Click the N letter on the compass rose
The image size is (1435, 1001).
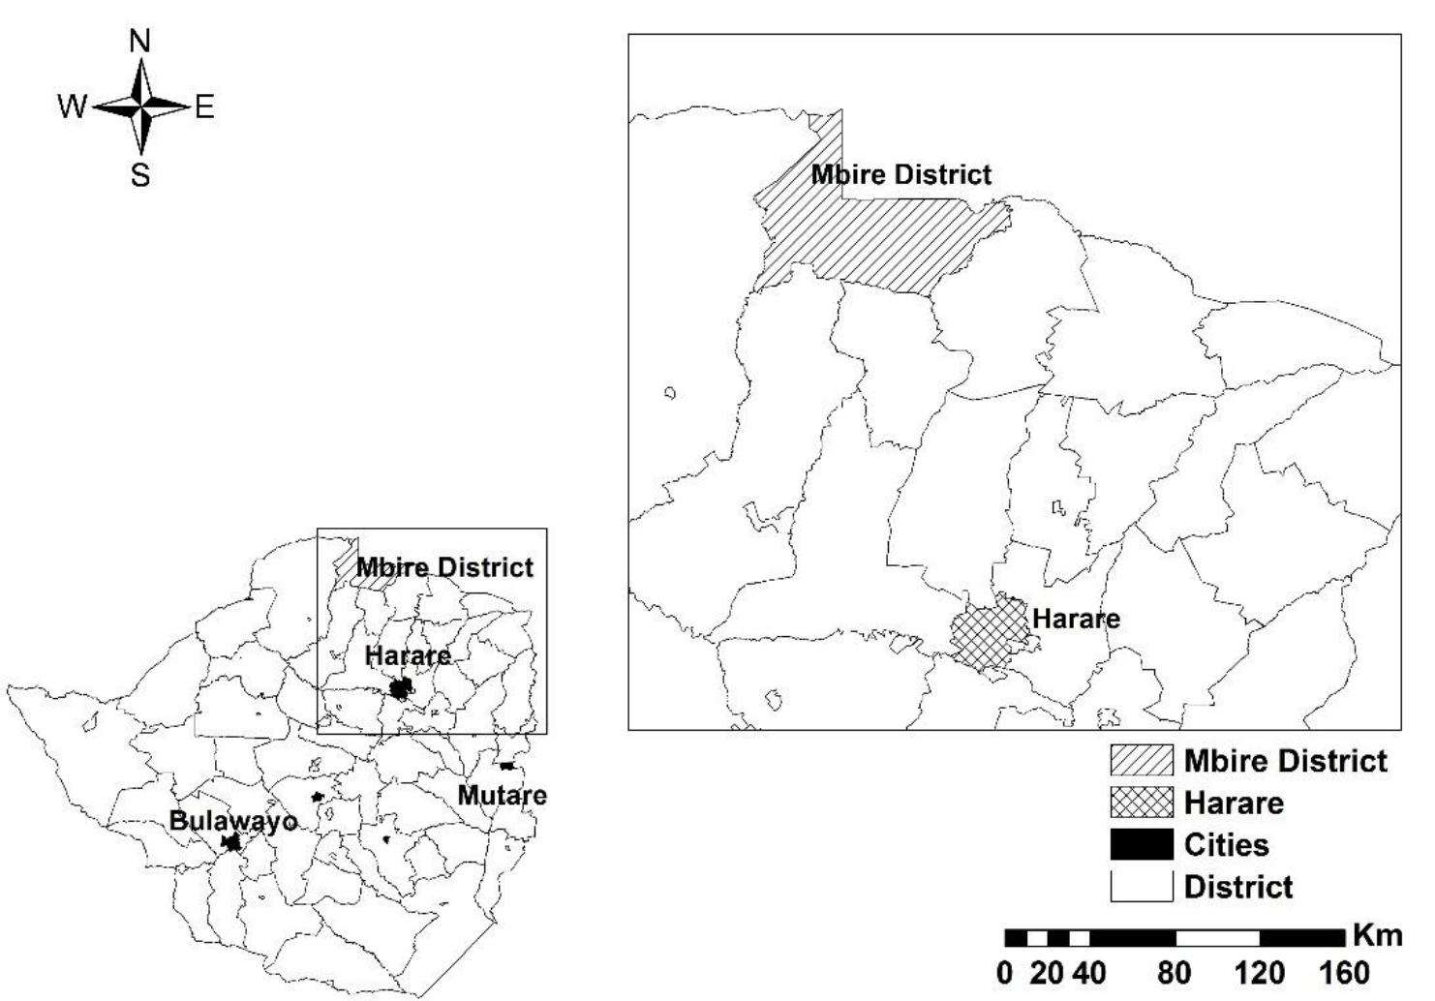(140, 42)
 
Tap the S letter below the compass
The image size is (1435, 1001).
(140, 175)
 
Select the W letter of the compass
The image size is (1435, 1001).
(72, 106)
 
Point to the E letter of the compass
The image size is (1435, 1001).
(204, 106)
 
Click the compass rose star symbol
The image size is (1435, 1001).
(141, 106)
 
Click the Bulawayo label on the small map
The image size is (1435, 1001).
(232, 821)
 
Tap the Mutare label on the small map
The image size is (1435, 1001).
(502, 796)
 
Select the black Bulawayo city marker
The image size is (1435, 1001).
(231, 842)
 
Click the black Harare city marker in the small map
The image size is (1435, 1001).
(400, 688)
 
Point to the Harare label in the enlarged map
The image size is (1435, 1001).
(1076, 619)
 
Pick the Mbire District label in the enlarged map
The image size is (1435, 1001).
(901, 175)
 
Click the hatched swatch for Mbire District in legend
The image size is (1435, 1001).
(1141, 761)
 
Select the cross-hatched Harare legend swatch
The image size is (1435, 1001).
(1141, 803)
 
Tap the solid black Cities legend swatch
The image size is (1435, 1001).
(1141, 844)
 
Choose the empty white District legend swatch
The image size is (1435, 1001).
(1141, 886)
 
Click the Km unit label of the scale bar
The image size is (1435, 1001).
(1377, 935)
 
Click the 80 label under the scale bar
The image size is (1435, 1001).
(1175, 972)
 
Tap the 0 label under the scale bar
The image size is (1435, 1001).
(1005, 972)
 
